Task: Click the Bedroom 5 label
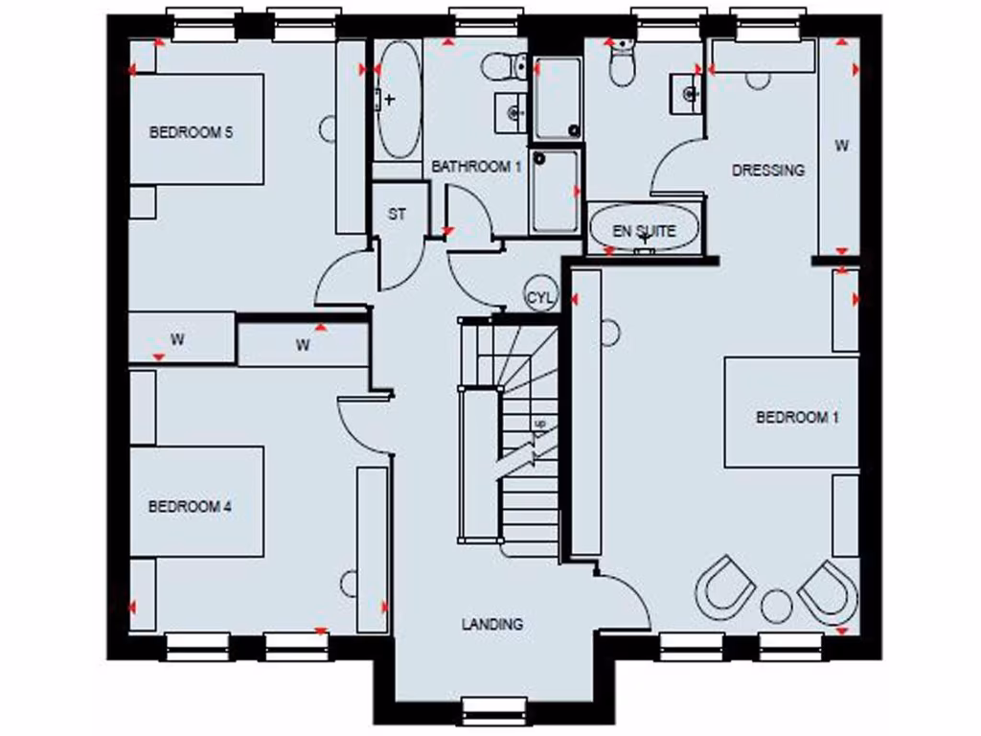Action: tap(191, 133)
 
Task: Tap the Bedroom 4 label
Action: tap(190, 506)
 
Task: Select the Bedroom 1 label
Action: tap(797, 417)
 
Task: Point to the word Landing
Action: tap(492, 624)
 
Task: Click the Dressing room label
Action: tap(767, 171)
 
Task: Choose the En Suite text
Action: tap(645, 231)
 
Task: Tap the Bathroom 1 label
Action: tap(475, 167)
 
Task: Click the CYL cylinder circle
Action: tap(540, 297)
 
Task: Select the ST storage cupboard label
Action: tap(397, 215)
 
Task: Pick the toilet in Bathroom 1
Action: tap(504, 66)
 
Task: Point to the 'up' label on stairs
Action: tap(540, 424)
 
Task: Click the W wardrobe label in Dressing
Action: tap(841, 147)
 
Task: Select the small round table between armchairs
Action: tap(776, 605)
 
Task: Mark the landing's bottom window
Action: tap(494, 710)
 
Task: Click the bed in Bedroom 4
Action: tap(196, 500)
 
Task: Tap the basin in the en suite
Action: tap(689, 93)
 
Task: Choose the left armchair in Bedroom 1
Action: tap(725, 586)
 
